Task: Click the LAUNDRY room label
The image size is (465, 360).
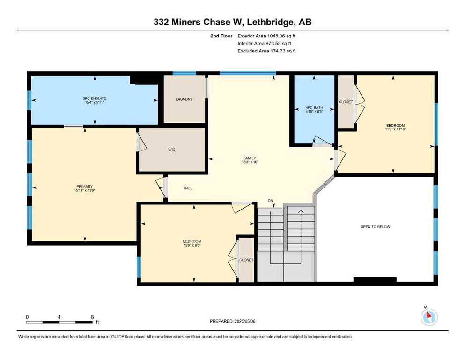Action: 184,99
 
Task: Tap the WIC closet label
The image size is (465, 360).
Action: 172,150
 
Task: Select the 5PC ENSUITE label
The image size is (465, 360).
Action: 94,98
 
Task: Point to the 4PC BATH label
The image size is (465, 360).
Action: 314,107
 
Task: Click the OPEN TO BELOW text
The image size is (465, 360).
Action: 375,227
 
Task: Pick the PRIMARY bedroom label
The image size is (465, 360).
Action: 84,187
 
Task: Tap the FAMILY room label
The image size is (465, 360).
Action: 250,158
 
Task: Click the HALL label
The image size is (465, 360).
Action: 188,188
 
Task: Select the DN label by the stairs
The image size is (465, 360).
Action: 270,201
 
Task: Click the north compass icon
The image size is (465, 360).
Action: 429,317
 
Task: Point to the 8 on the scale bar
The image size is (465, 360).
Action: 92,317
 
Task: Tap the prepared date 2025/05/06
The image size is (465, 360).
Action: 244,321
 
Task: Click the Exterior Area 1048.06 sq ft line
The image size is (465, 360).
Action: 266,36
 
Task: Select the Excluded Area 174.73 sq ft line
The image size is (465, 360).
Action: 266,51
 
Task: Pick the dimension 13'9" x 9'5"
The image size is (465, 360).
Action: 192,245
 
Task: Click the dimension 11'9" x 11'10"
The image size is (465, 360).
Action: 395,129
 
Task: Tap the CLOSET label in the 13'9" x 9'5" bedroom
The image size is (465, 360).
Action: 246,260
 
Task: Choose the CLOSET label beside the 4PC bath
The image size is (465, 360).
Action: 346,102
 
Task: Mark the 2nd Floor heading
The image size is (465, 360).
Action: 221,36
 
